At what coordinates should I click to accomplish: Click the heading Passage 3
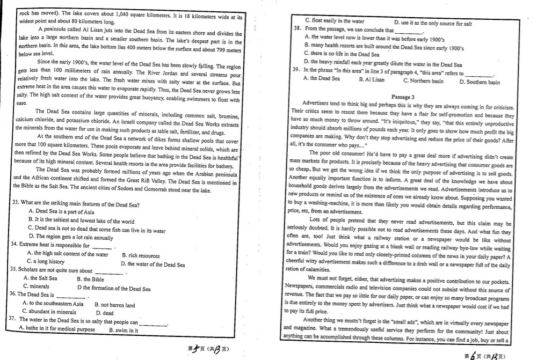pyautogui.click(x=403, y=97)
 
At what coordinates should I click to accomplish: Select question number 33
pyautogui.click(x=15, y=204)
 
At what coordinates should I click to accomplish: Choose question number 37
pyautogui.click(x=13, y=319)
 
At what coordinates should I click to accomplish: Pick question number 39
pyautogui.click(x=295, y=70)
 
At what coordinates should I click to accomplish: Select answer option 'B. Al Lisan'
pyautogui.click(x=372, y=79)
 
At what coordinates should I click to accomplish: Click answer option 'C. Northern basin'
pyautogui.click(x=423, y=80)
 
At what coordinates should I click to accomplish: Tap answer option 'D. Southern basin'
pyautogui.click(x=480, y=82)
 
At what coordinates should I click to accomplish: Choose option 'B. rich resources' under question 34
pyautogui.click(x=141, y=256)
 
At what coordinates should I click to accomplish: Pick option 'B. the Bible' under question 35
pyautogui.click(x=90, y=279)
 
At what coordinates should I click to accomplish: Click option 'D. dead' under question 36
pyautogui.click(x=105, y=313)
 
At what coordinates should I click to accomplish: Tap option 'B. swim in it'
pyautogui.click(x=124, y=330)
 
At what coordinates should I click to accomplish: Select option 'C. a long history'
pyautogui.click(x=49, y=262)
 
